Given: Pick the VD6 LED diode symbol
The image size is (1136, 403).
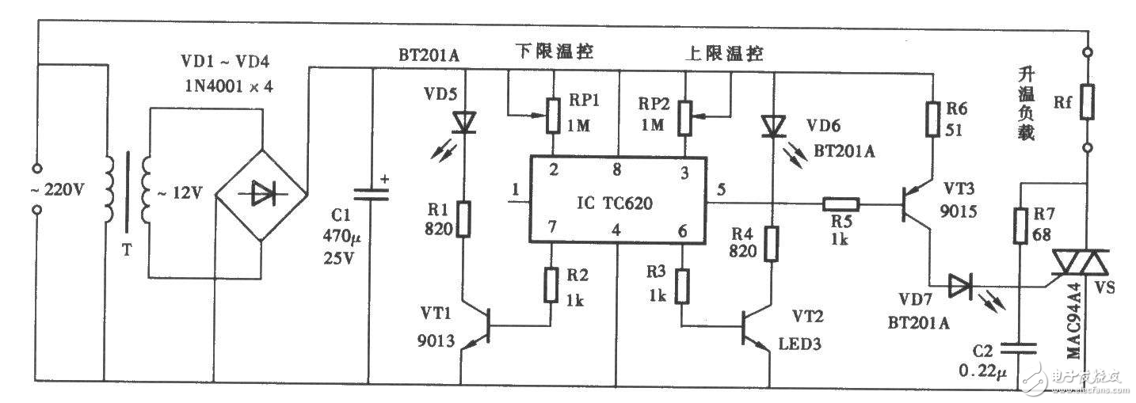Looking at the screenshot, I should pos(771,126).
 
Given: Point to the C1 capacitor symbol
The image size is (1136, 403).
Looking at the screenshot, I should pos(370,193).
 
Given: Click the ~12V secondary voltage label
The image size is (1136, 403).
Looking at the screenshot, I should pos(182,192).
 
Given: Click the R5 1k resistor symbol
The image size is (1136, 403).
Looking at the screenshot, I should pos(838,205).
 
